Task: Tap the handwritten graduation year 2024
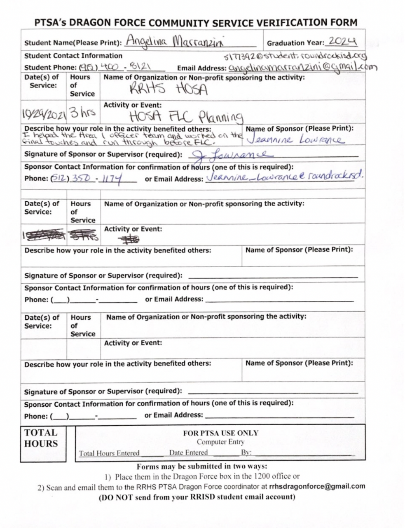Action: click(x=343, y=41)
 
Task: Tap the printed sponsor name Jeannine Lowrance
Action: click(x=294, y=140)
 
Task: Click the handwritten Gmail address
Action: click(x=302, y=68)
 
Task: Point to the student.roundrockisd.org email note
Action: click(x=295, y=56)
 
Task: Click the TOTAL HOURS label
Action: click(x=41, y=438)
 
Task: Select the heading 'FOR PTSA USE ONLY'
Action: click(x=220, y=433)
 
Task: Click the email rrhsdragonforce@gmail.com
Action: click(x=317, y=486)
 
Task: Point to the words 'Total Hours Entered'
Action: click(x=109, y=453)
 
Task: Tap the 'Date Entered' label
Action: click(x=188, y=453)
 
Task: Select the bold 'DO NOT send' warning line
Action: click(x=197, y=497)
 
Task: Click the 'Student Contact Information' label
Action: click(x=73, y=56)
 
